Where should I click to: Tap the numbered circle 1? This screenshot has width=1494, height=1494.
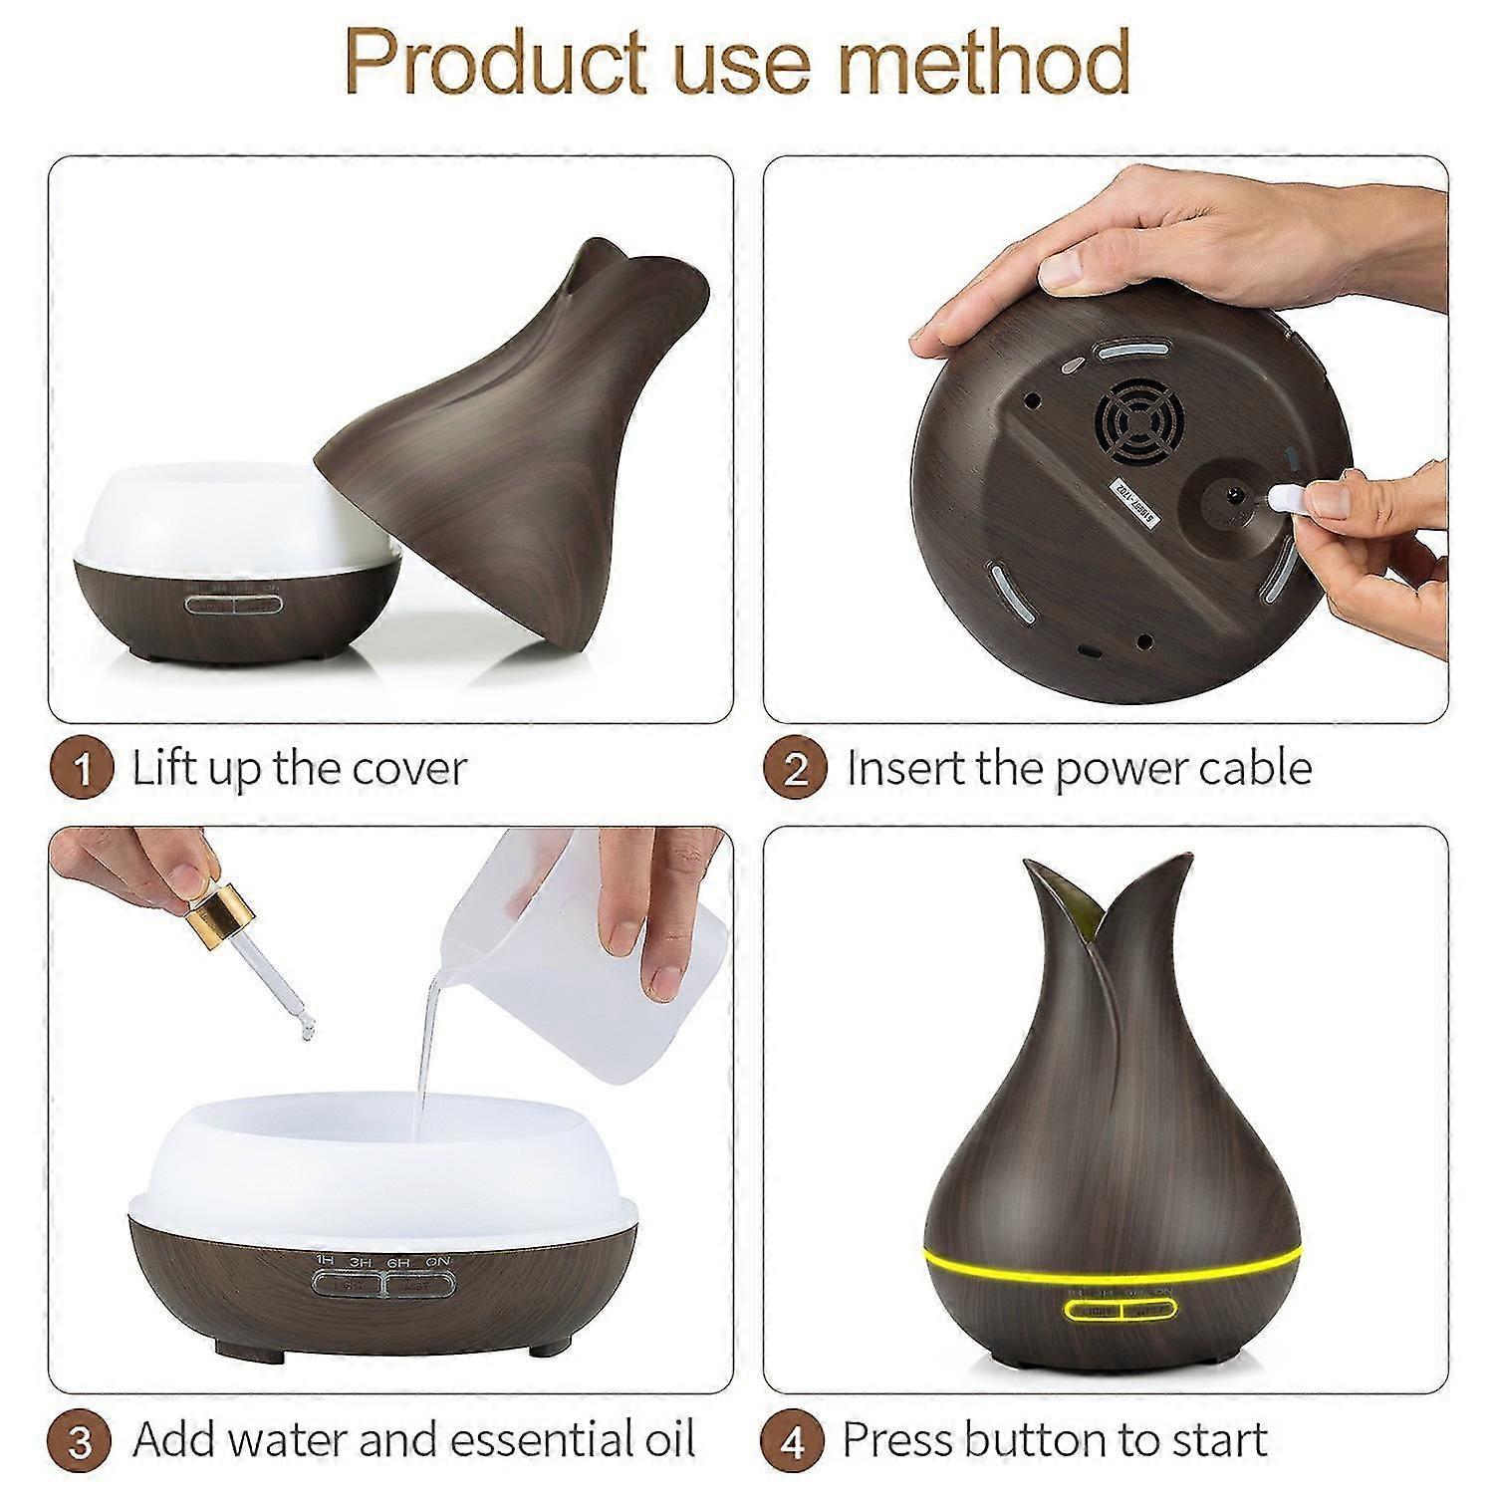[82, 770]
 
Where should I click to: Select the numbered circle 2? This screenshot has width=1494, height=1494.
[795, 770]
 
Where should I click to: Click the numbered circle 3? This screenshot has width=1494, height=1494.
[82, 1440]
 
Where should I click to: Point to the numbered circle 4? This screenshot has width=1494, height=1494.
[795, 1440]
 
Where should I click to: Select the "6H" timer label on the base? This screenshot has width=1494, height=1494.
[398, 1262]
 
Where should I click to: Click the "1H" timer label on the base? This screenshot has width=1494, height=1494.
[325, 1262]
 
